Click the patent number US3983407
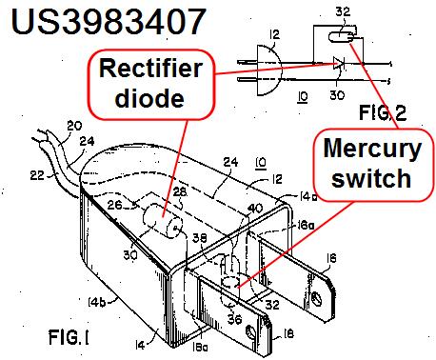[109, 22]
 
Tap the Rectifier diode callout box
[150, 84]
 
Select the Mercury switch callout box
[372, 164]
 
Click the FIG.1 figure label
[69, 337]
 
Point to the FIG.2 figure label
[383, 112]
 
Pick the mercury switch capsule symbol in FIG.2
[341, 38]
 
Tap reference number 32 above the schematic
[343, 11]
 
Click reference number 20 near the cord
[74, 126]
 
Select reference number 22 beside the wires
[37, 175]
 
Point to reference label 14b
[97, 302]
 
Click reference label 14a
[308, 197]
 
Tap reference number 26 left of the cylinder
[114, 205]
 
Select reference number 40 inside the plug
[255, 209]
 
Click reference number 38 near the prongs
[200, 238]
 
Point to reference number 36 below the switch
[235, 319]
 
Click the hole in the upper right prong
[315, 297]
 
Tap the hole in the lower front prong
[250, 332]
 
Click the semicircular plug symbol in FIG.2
[268, 70]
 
